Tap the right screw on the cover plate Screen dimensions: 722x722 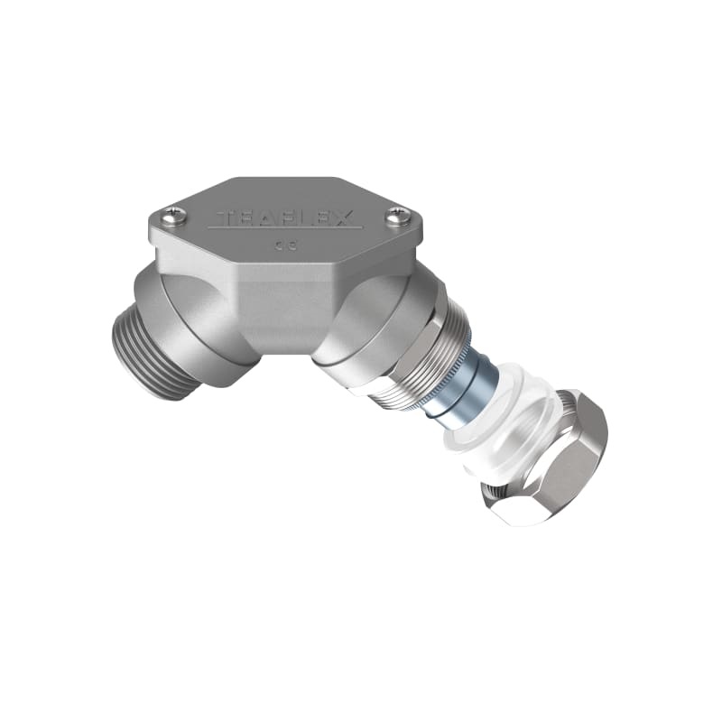point(399,216)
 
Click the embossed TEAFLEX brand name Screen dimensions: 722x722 point(284,219)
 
